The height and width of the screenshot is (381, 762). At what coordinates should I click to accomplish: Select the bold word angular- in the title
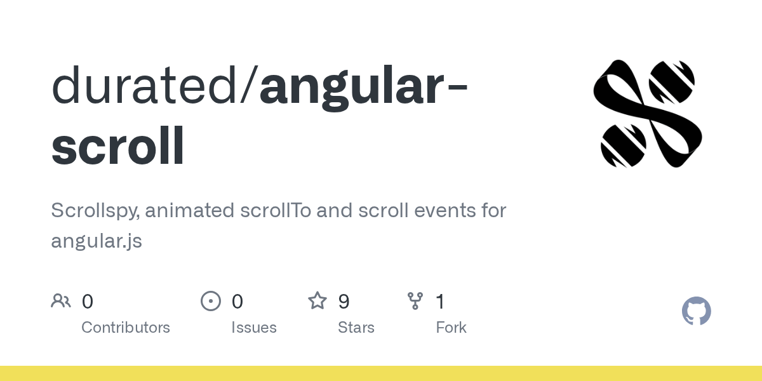[x=363, y=86]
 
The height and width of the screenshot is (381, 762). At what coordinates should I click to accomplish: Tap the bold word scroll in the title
[x=118, y=146]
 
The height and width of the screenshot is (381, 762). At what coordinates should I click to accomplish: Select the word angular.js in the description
[x=97, y=241]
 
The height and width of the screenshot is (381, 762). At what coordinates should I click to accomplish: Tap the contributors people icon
[x=61, y=301]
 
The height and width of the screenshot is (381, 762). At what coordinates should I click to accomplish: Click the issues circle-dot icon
[x=211, y=301]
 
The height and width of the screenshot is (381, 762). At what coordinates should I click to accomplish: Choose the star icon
[x=317, y=301]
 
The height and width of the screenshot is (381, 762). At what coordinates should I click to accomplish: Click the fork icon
[x=415, y=301]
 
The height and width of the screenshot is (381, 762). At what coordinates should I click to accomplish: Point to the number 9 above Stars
[x=344, y=302]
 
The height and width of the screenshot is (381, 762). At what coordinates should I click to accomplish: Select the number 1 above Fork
[x=440, y=302]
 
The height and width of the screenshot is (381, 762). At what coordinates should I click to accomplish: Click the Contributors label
[x=126, y=328]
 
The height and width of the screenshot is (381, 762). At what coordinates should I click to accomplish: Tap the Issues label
[x=254, y=328]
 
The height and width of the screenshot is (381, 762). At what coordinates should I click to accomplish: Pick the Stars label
[x=356, y=328]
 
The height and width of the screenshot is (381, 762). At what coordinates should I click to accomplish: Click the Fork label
[x=451, y=328]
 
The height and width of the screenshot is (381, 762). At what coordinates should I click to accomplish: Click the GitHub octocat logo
[x=696, y=311]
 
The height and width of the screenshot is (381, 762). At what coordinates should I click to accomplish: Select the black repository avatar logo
[x=648, y=114]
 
